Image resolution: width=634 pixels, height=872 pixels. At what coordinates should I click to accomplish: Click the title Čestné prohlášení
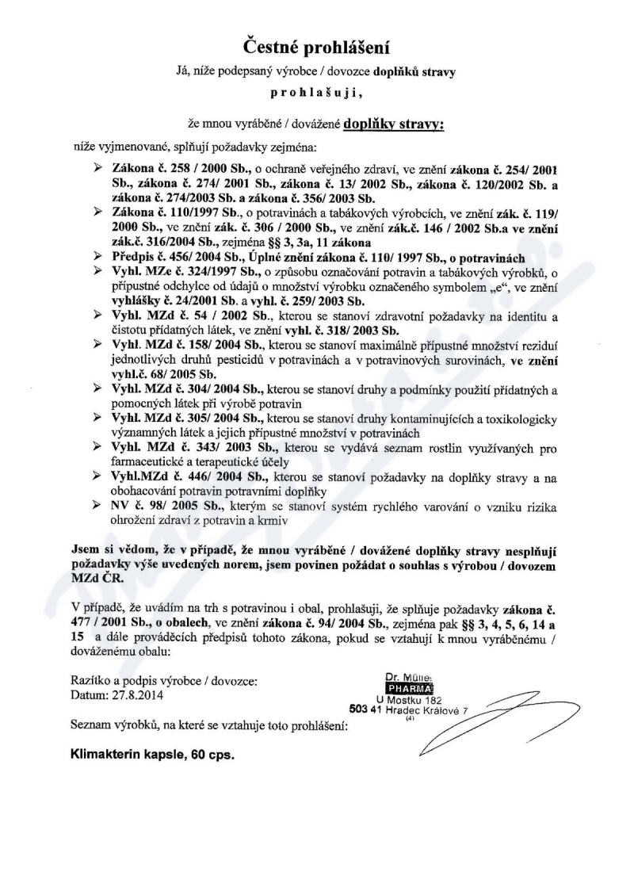click(316, 48)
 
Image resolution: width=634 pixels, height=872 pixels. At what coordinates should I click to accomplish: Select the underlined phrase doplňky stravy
click(394, 124)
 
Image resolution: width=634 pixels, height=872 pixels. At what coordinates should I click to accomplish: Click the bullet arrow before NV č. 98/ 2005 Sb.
click(99, 505)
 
